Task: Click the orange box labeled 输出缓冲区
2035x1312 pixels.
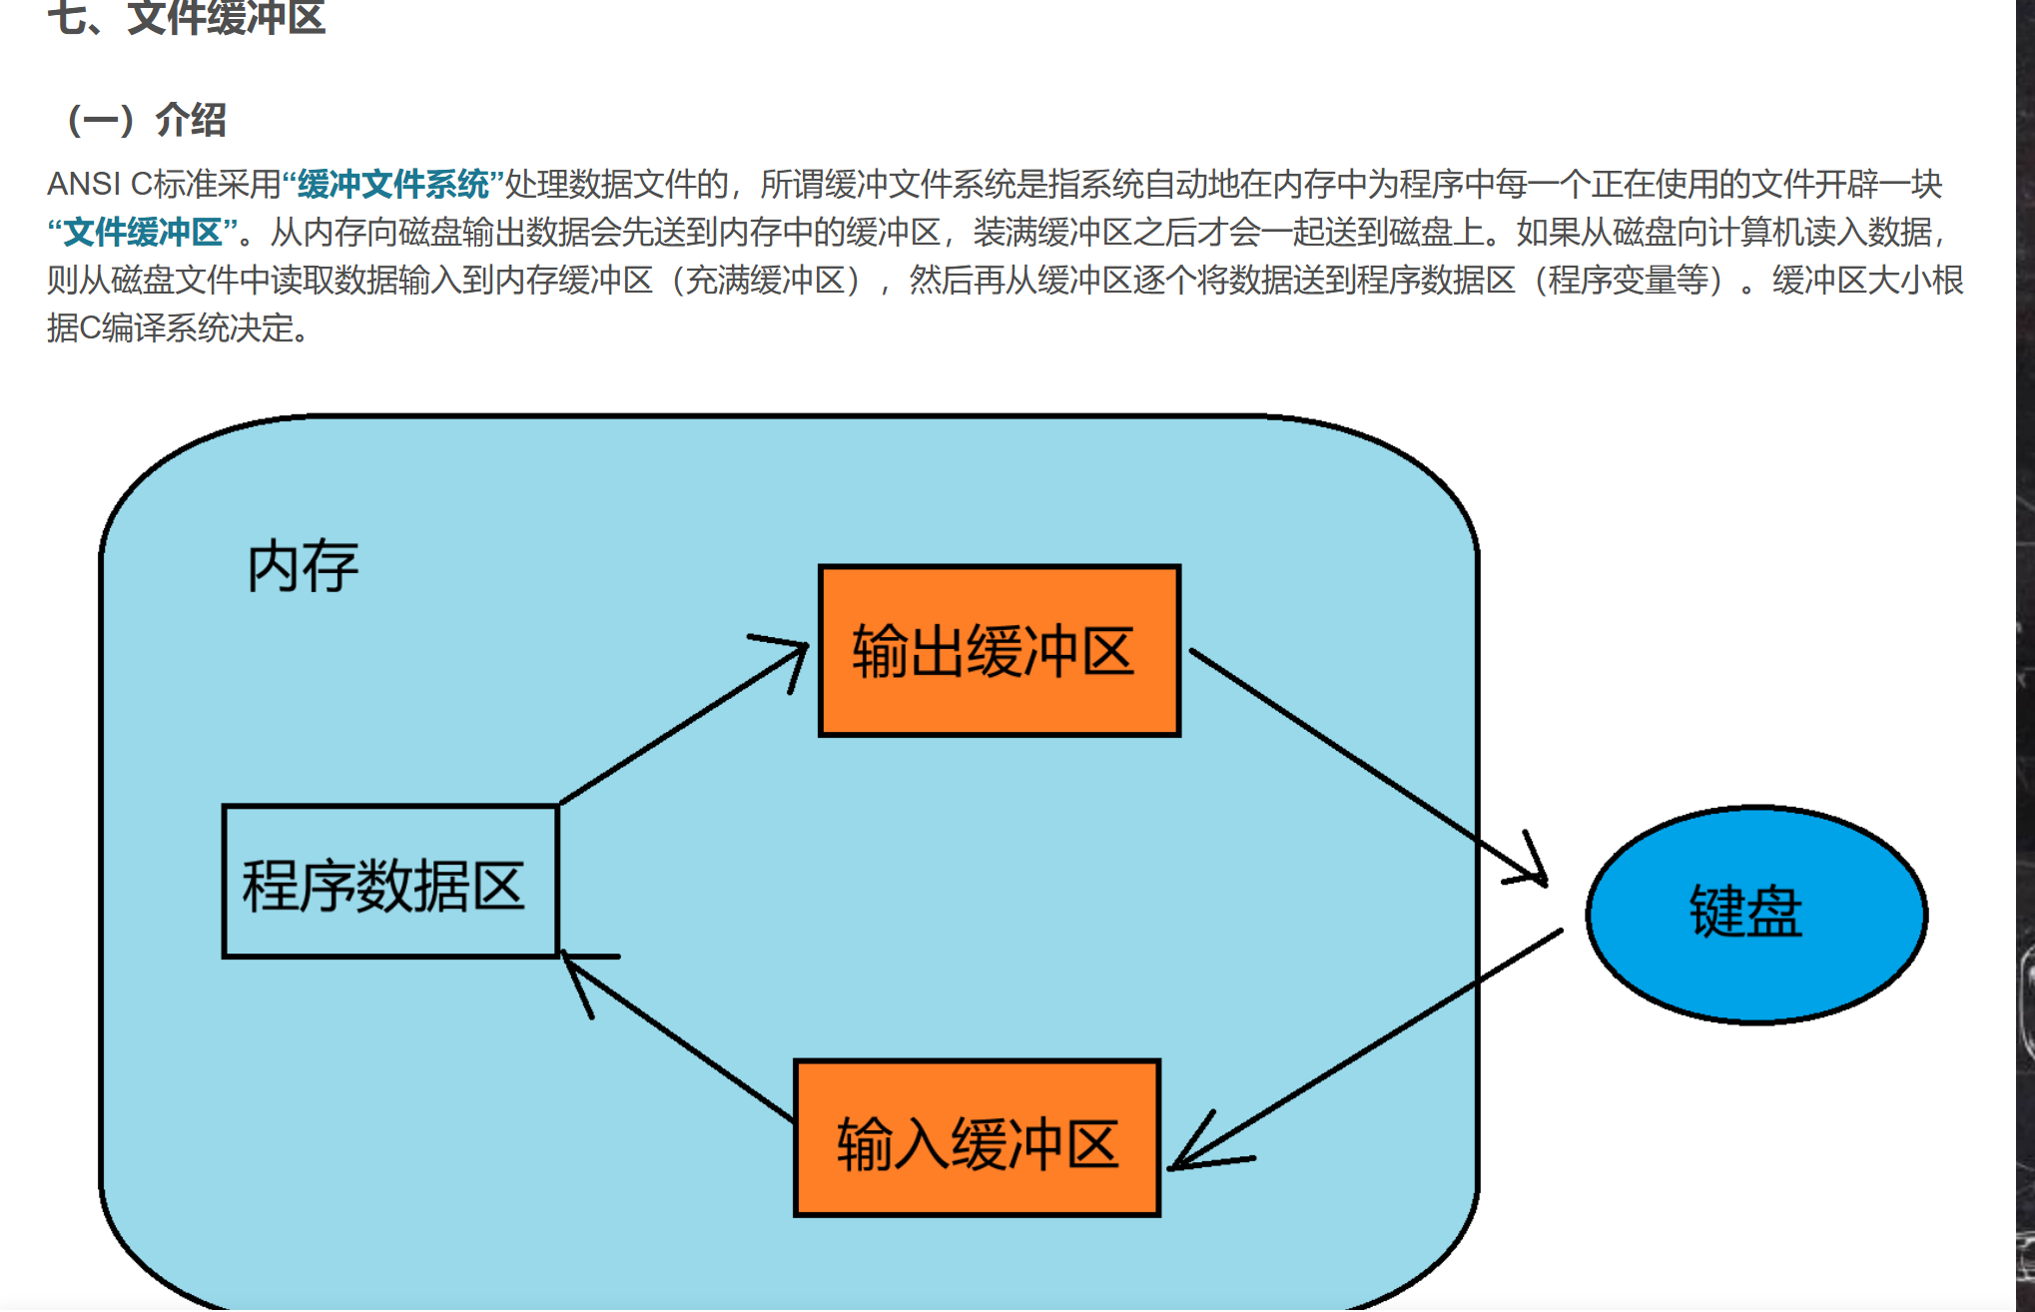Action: [x=999, y=651]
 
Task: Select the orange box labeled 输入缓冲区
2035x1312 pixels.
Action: [x=977, y=1139]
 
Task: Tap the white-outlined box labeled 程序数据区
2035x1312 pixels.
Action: [x=389, y=883]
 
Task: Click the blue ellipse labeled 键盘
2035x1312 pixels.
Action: [x=1755, y=914]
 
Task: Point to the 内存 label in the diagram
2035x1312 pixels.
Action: [x=302, y=566]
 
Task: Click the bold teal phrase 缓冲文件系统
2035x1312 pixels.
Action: [x=392, y=184]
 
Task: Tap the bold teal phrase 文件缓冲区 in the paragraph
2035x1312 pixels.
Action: [x=142, y=232]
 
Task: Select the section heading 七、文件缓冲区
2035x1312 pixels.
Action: [x=186, y=18]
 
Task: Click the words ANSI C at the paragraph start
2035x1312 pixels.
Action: [x=99, y=184]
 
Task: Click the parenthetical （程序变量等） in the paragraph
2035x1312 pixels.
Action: [x=1628, y=280]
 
